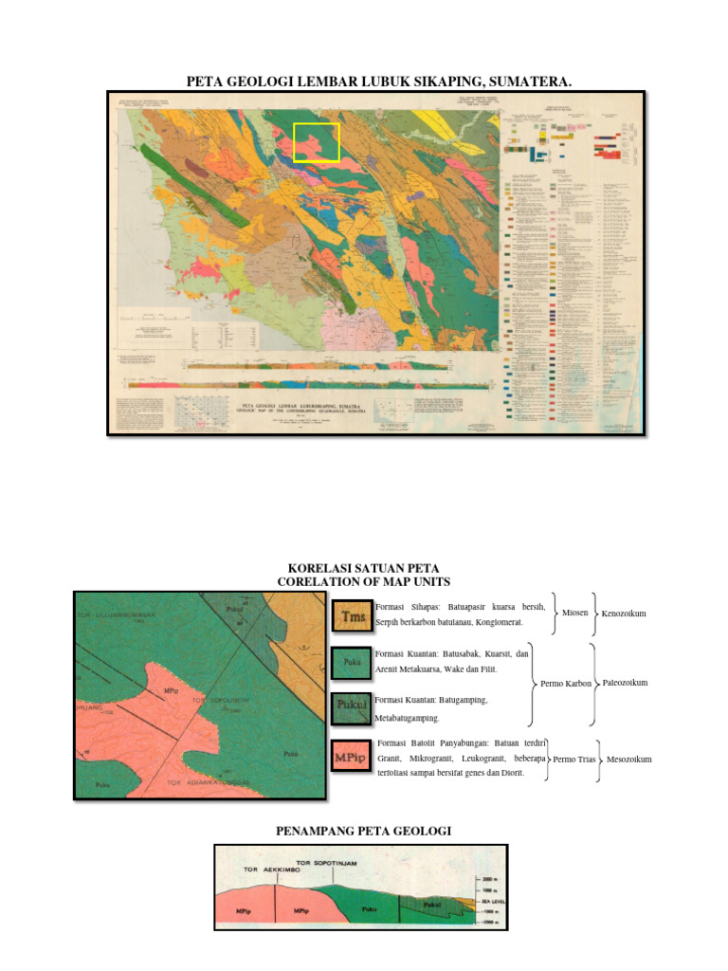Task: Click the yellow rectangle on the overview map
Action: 316,142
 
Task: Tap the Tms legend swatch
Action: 352,615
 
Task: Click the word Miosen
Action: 575,614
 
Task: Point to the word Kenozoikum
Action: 624,614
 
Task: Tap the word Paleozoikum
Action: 625,683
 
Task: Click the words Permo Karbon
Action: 566,683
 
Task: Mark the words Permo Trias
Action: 573,760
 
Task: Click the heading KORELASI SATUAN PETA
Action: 363,567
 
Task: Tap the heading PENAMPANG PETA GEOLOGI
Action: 363,831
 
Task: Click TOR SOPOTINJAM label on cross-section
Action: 330,862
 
